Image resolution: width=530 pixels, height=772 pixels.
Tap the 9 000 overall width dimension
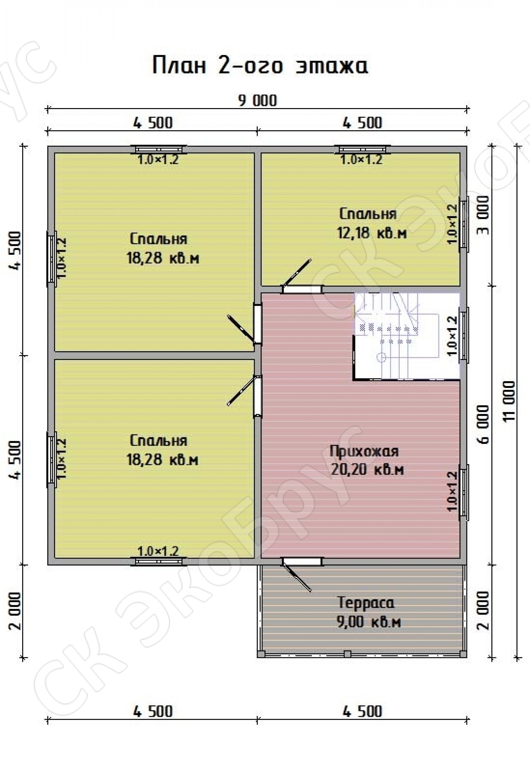tap(257, 101)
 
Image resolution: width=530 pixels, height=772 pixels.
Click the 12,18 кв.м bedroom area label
tap(372, 233)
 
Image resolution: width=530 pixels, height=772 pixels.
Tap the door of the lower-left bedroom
tap(246, 395)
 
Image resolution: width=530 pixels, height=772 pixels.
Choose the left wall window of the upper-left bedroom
tap(51, 257)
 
